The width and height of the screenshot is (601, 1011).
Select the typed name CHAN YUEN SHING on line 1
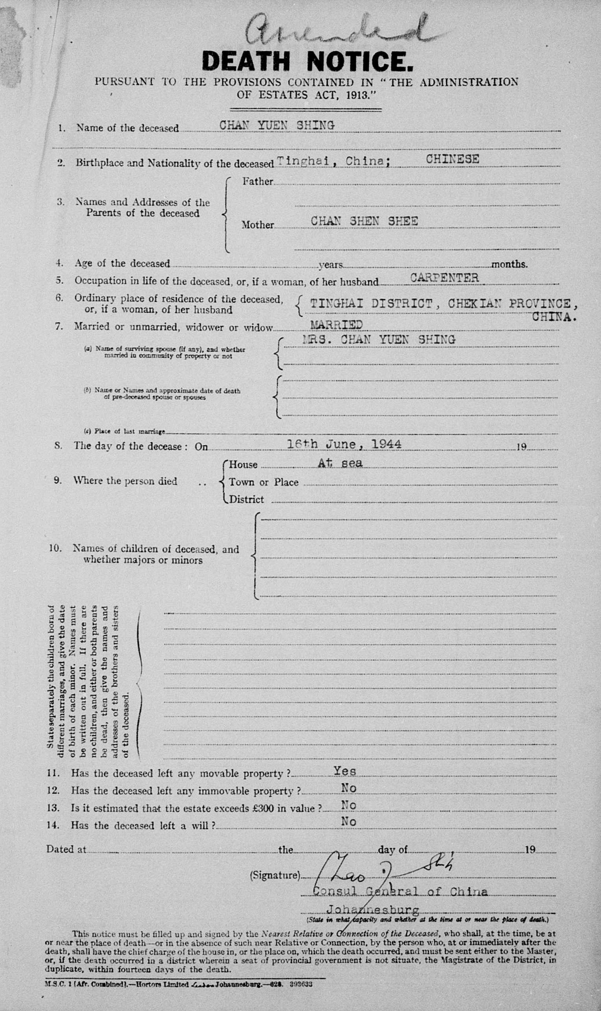[x=277, y=126]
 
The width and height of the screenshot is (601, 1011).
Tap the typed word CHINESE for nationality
[x=452, y=159]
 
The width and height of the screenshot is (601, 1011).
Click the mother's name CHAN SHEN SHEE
[x=364, y=221]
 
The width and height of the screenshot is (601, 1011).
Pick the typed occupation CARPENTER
[x=444, y=278]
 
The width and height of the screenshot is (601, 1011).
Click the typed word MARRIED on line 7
[x=336, y=325]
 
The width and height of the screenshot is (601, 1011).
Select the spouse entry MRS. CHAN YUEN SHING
[x=379, y=339]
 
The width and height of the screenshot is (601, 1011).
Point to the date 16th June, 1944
[x=344, y=445]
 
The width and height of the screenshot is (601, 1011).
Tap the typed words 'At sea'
[x=340, y=464]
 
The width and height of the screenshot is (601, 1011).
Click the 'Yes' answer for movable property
[x=345, y=771]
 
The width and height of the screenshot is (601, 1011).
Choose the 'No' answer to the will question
[x=348, y=821]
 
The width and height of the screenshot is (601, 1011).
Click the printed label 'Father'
[x=258, y=181]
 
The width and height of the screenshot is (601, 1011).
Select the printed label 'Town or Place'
[x=264, y=482]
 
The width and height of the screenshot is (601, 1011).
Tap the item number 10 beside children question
[x=55, y=548]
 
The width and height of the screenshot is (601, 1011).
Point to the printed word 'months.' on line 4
[x=509, y=264]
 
